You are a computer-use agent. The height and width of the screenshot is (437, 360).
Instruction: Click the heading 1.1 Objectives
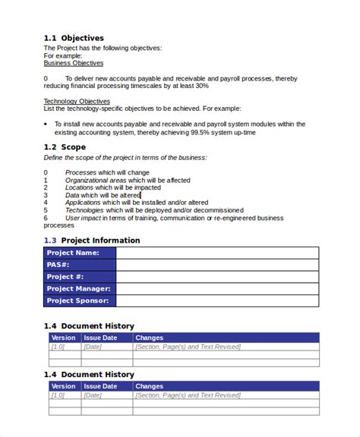point(73,38)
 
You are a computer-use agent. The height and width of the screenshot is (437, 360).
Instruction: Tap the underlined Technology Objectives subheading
point(76,101)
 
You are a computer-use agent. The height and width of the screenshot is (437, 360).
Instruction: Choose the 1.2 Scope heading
point(65,147)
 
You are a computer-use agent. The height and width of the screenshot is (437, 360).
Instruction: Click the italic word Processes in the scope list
point(81,172)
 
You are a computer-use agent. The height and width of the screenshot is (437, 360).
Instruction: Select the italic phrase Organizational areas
point(95,180)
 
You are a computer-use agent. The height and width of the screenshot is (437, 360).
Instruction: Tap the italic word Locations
point(80,187)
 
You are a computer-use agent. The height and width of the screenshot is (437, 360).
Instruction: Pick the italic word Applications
point(83,203)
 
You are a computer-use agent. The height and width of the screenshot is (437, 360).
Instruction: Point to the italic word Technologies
point(84,210)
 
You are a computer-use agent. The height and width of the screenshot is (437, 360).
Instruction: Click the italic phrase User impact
point(83,218)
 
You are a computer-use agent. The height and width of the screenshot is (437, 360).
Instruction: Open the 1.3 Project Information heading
point(92,241)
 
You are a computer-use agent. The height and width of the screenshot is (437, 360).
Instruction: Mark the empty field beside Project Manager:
point(217,289)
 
